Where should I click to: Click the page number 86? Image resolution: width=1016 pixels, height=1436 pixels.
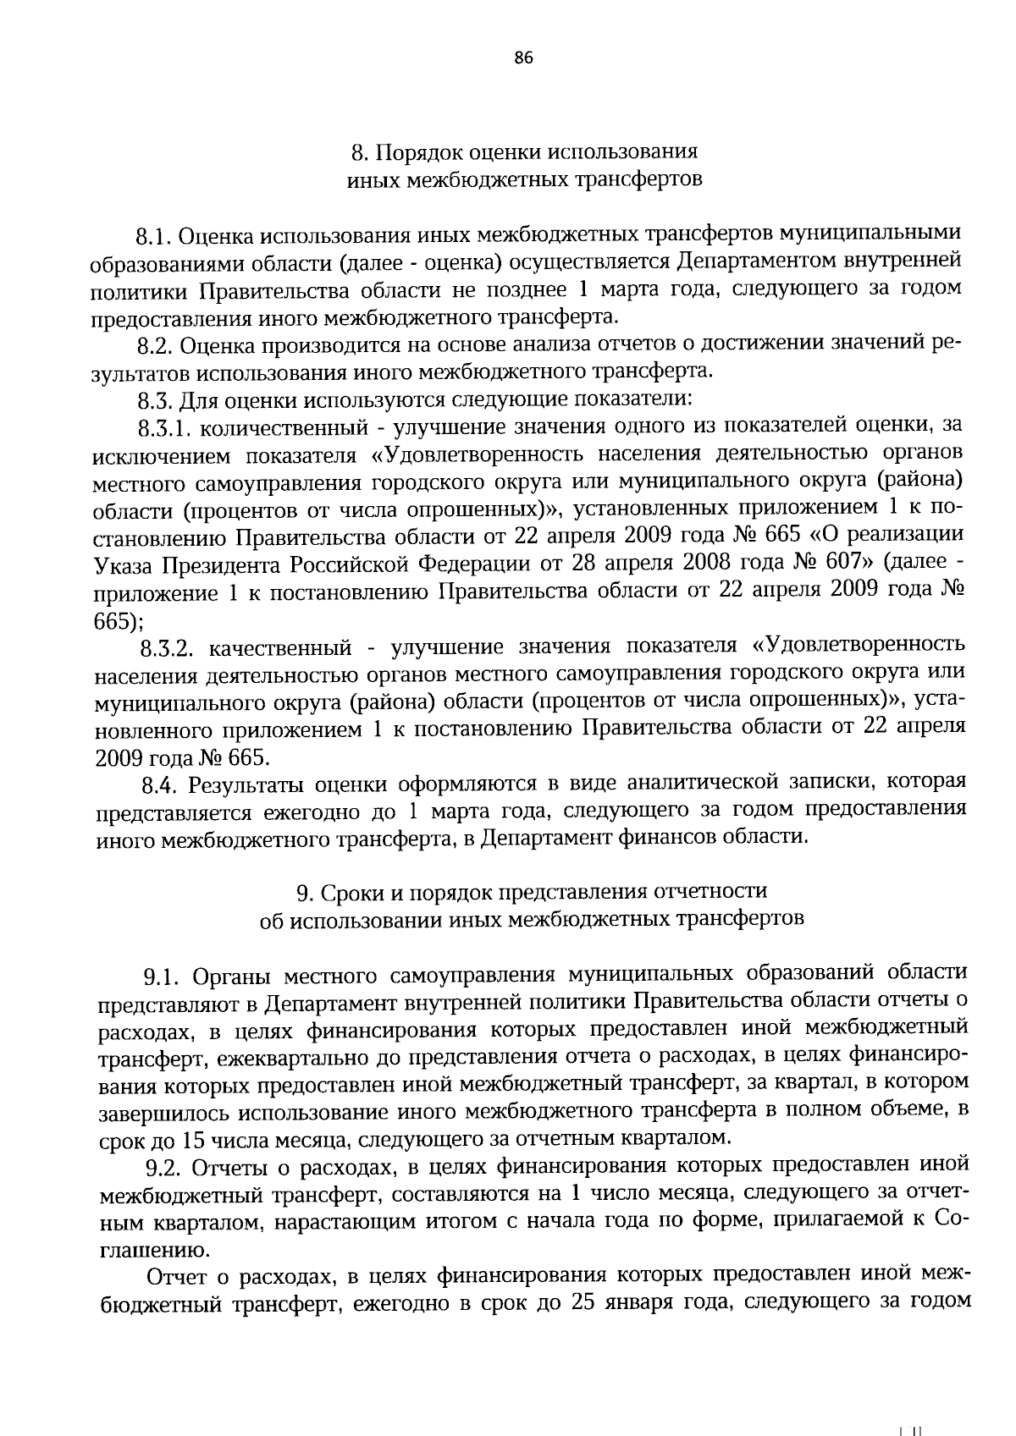point(522,58)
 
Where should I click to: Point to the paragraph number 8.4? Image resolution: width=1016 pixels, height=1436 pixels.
point(158,785)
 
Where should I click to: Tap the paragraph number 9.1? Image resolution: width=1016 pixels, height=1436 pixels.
point(161,977)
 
